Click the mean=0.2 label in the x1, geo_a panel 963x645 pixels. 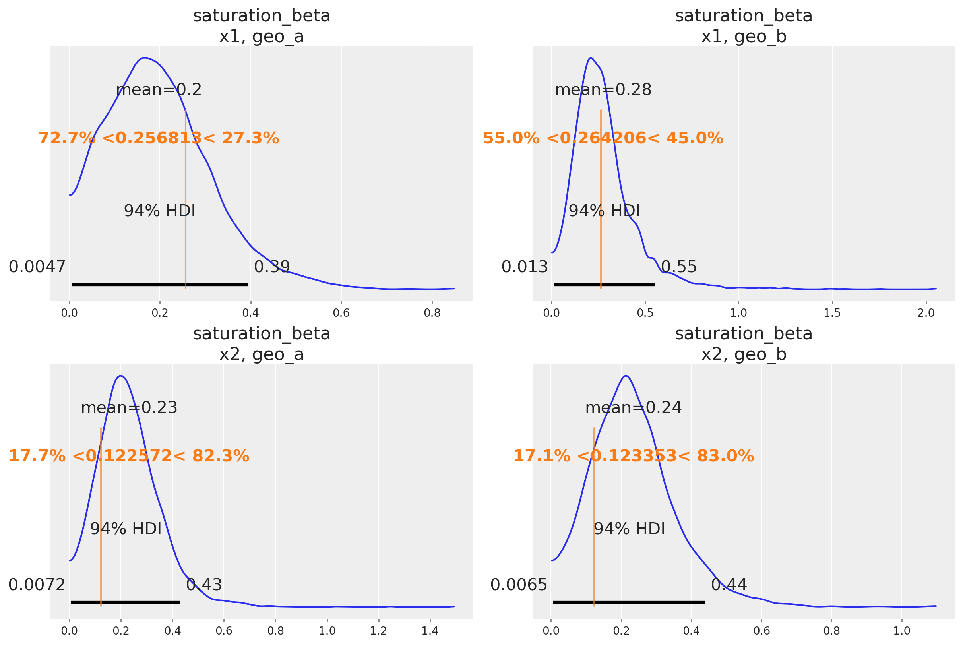click(x=159, y=90)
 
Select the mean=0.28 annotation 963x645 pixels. click(x=603, y=90)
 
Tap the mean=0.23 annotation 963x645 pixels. click(x=129, y=408)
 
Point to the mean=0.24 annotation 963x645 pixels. click(x=634, y=408)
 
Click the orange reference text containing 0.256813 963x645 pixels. click(x=159, y=138)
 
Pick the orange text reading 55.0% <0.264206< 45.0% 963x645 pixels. click(x=603, y=138)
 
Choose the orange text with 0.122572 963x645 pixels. click(x=129, y=456)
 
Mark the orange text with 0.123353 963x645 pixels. click(x=634, y=456)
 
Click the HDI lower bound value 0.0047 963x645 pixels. click(x=37, y=267)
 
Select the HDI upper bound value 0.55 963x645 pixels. click(x=679, y=267)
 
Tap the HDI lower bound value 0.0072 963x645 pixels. click(x=37, y=585)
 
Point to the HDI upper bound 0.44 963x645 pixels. click(x=729, y=585)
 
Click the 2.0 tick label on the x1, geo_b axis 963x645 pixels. click(x=926, y=313)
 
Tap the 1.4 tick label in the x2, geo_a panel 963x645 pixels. click(x=430, y=631)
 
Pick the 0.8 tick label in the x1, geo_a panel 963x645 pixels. click(x=432, y=313)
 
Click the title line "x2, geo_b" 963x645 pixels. click(x=744, y=354)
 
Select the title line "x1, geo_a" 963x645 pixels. click(x=262, y=36)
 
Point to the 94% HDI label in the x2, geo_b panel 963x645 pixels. click(x=630, y=529)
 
